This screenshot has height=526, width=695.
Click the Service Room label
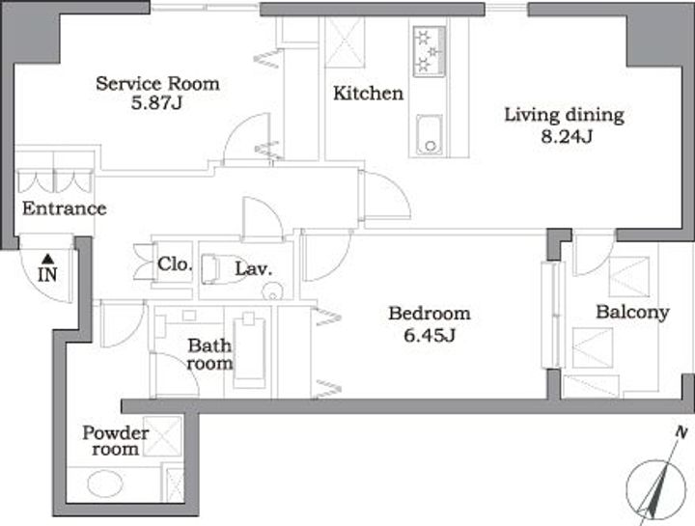tap(157, 84)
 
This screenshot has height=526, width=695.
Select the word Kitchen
tap(369, 94)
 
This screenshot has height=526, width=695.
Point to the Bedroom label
tap(430, 314)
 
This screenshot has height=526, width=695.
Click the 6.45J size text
tap(430, 336)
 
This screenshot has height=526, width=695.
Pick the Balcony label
tap(632, 313)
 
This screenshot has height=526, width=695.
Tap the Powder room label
tap(115, 441)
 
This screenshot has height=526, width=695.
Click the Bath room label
tap(209, 354)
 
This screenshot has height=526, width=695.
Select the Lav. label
tap(254, 268)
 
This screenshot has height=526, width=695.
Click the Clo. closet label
tap(175, 264)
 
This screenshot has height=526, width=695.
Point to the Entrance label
tap(65, 208)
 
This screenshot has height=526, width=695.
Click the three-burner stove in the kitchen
tap(429, 51)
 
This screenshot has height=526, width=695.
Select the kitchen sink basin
tap(429, 134)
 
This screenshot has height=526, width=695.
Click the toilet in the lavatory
tap(216, 268)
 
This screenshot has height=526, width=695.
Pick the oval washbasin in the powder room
tap(105, 484)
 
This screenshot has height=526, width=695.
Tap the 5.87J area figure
tap(157, 103)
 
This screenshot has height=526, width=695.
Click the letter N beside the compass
tap(681, 432)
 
